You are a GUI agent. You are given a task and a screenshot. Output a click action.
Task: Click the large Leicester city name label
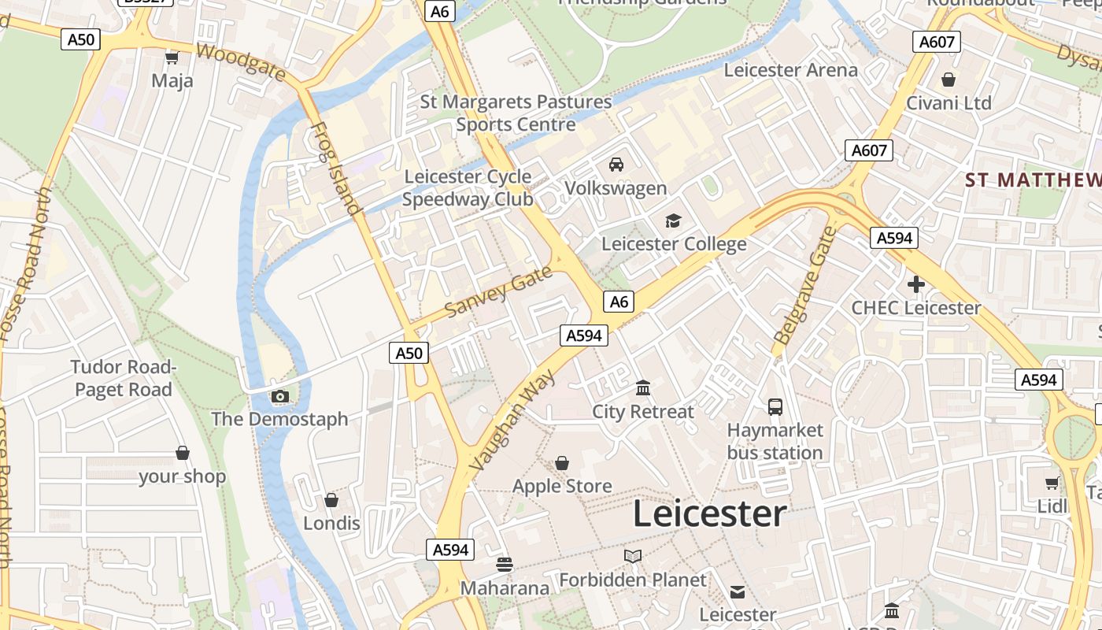tap(709, 514)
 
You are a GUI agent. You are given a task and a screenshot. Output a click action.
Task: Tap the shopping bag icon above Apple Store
tap(562, 463)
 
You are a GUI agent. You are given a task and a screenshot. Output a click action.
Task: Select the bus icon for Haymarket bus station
tap(775, 406)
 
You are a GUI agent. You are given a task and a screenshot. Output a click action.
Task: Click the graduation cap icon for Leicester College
tap(673, 220)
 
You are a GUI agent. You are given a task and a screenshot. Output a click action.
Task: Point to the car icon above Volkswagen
tap(616, 165)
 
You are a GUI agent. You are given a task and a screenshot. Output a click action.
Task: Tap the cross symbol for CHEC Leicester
tap(915, 284)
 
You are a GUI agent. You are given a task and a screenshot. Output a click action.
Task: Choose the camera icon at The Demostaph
tap(279, 396)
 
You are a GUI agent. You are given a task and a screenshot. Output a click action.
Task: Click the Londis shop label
tap(331, 524)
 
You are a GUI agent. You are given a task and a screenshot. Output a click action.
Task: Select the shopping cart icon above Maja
tap(172, 57)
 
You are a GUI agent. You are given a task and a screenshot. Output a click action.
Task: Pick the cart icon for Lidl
tap(1052, 483)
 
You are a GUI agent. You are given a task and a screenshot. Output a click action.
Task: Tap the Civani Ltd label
tap(949, 103)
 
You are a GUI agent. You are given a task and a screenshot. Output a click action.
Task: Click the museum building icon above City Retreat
tap(643, 388)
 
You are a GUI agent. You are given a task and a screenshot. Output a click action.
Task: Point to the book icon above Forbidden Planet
tap(633, 557)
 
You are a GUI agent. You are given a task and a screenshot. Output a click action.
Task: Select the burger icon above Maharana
tap(505, 565)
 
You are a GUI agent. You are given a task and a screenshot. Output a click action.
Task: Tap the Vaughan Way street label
tap(512, 421)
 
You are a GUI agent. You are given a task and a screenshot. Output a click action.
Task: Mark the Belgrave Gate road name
tap(804, 286)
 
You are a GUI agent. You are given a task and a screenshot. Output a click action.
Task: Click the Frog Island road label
tap(335, 169)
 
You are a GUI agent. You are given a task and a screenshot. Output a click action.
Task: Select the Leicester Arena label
tap(790, 70)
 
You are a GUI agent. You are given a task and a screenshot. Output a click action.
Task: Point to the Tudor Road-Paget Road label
tap(123, 378)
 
